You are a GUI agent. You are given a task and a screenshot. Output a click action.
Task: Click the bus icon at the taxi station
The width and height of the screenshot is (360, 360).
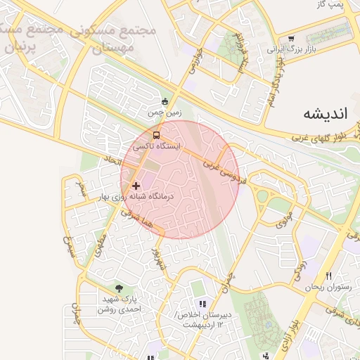tap(157, 134)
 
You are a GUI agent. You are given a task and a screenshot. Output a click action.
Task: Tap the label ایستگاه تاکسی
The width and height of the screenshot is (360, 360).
tap(157, 146)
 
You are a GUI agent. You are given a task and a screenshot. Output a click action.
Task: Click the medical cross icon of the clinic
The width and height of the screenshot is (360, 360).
tap(136, 186)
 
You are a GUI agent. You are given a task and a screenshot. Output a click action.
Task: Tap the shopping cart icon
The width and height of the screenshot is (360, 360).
tap(291, 39)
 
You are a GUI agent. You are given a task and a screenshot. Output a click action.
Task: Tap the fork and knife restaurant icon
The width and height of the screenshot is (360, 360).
tap(328, 276)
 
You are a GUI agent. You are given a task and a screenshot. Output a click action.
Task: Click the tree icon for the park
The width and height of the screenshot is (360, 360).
tap(119, 288)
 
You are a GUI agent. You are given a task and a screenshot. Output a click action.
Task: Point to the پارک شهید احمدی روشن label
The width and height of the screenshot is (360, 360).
tap(119, 304)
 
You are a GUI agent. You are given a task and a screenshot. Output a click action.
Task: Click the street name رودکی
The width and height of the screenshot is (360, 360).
tap(299, 268)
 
